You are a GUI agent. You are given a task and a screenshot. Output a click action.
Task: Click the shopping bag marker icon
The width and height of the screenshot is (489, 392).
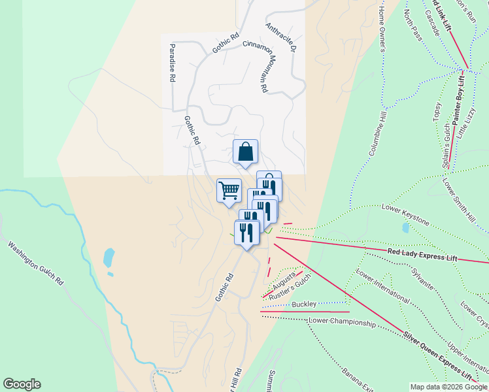(x=245, y=152)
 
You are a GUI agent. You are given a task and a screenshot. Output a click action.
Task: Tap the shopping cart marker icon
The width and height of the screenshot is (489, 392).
(x=229, y=191)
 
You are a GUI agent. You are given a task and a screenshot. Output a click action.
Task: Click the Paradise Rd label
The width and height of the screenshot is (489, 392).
(x=172, y=63)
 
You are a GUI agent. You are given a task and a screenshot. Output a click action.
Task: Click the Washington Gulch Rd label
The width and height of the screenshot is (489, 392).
(x=35, y=263)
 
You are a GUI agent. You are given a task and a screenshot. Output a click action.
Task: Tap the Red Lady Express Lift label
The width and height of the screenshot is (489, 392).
(x=422, y=254)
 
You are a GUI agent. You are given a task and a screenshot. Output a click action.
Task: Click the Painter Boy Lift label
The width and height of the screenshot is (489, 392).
(x=458, y=100)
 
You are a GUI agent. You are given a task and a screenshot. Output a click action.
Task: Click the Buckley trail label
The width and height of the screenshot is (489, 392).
(x=304, y=304)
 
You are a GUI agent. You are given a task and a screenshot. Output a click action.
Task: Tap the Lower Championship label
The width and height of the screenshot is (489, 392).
(x=342, y=322)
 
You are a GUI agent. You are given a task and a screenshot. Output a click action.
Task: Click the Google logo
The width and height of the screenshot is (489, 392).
(x=22, y=384)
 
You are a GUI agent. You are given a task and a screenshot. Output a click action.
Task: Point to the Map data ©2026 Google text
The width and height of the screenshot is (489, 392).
(x=448, y=387)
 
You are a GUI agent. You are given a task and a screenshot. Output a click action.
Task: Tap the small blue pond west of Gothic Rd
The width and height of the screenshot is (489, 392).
(x=109, y=257)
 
